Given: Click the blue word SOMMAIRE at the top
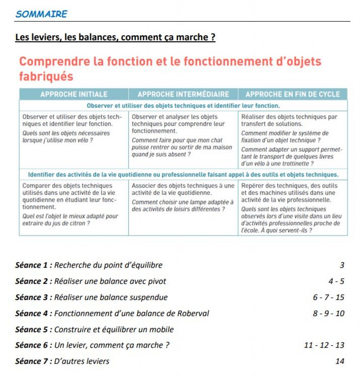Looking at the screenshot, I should [x=41, y=14].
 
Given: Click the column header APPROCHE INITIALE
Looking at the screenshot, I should [x=74, y=94].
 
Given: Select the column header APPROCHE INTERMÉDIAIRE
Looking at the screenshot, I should [x=183, y=94].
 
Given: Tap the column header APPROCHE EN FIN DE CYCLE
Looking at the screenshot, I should [x=292, y=94].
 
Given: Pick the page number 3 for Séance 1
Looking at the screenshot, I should [x=342, y=265].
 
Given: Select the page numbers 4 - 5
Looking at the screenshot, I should [x=336, y=281].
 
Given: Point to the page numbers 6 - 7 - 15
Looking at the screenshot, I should [x=328, y=297].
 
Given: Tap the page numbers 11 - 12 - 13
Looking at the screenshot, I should [x=324, y=345].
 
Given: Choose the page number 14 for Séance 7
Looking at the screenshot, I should [x=339, y=361].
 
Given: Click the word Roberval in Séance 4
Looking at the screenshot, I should [x=193, y=314].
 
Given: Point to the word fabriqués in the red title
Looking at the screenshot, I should [x=46, y=76].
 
